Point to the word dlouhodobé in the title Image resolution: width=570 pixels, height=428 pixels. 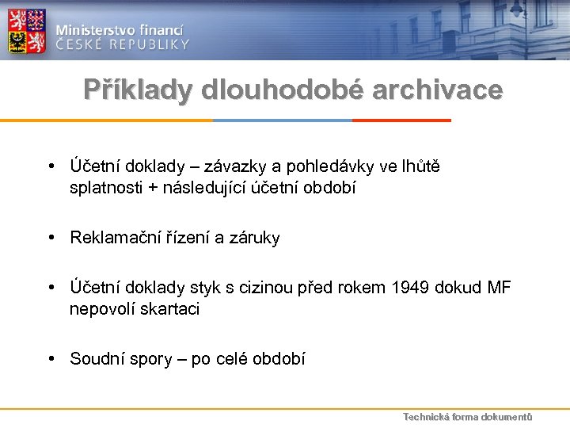coord(282,90)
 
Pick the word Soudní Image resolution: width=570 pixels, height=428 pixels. coord(95,359)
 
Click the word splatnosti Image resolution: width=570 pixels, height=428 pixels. coord(108,189)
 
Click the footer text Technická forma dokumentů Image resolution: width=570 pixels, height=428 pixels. coord(467,417)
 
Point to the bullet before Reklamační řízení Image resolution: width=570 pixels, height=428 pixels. coord(50,238)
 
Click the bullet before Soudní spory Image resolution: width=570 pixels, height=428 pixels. coord(50,359)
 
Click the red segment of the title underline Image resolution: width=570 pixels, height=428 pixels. coord(401,120)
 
